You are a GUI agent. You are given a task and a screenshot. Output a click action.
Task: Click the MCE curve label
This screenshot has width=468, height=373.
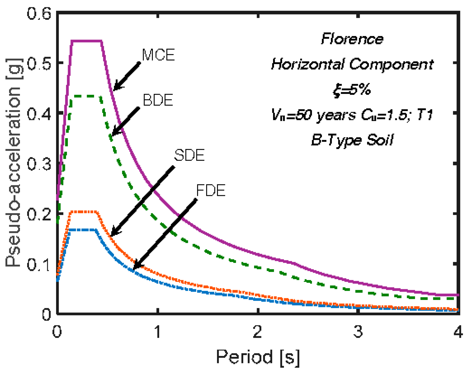[159, 55]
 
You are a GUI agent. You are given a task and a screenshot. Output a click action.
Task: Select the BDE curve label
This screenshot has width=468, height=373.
[158, 100]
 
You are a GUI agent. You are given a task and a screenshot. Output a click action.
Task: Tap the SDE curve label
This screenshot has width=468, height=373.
[190, 155]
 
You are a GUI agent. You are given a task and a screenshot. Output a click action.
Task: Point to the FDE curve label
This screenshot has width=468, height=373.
[211, 191]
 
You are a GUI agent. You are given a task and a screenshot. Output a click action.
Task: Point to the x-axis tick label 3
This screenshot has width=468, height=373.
[358, 332]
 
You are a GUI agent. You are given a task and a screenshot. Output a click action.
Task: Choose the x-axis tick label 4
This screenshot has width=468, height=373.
[458, 332]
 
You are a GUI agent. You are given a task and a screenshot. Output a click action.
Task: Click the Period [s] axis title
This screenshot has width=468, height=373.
[258, 357]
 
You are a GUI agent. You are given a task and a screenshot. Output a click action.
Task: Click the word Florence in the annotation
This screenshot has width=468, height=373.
[352, 39]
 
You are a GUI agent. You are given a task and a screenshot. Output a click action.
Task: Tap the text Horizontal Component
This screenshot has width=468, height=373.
[352, 64]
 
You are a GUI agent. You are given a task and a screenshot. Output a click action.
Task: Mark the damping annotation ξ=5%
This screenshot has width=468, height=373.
[352, 90]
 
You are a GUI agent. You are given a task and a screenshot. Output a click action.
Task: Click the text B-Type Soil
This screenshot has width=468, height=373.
[352, 140]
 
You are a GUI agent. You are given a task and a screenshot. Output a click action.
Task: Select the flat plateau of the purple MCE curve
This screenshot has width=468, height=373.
[87, 41]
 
